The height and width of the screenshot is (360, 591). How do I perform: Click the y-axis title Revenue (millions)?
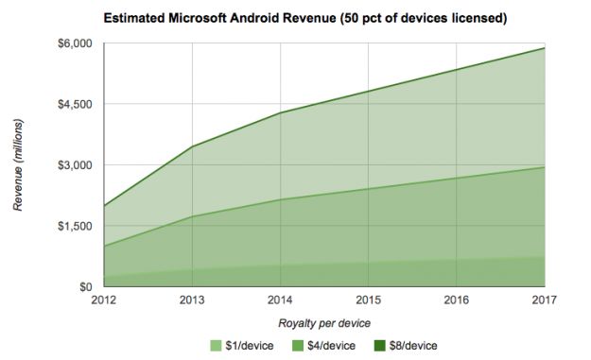(18, 165)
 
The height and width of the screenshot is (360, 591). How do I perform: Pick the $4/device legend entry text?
(333, 346)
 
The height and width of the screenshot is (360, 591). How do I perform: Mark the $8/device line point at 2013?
(193, 146)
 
